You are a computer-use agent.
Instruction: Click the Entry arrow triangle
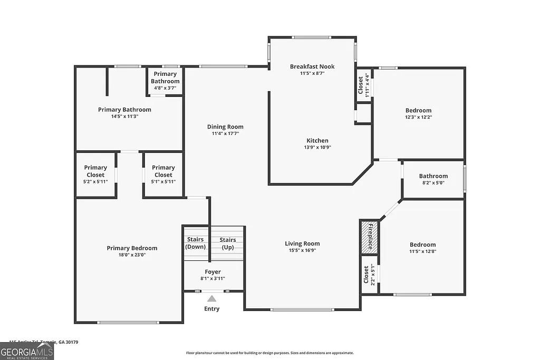211,298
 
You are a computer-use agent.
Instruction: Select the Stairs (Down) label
196,243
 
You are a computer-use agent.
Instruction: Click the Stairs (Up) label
228,243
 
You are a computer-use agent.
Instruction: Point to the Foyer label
213,272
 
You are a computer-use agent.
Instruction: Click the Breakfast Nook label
312,66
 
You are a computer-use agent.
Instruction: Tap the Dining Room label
225,127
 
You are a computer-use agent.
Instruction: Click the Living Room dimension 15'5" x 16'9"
302,251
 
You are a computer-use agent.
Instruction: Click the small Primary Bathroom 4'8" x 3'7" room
165,81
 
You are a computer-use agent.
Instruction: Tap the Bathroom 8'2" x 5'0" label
433,176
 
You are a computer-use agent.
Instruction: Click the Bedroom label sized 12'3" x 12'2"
419,111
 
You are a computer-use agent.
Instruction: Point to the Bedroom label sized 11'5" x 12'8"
423,245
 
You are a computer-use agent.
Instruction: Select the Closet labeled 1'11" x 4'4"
364,85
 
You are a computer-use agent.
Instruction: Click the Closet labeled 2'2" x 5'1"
369,274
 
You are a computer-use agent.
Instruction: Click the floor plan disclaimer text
270,353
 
